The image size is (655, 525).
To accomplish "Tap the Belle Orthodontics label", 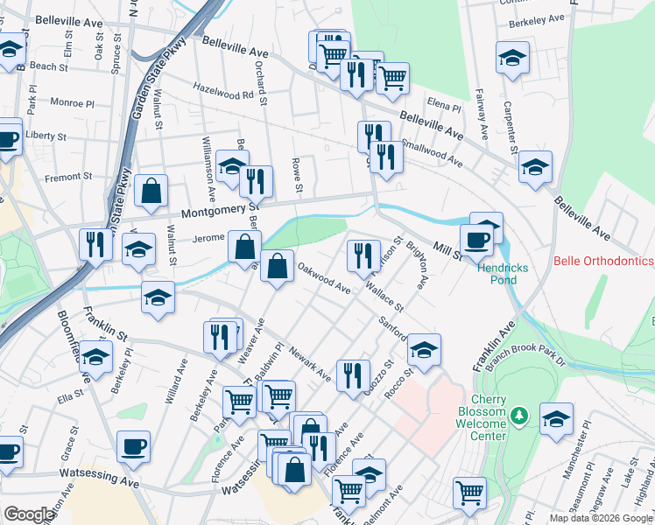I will tap(604, 261).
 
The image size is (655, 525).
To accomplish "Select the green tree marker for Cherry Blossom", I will tap(519, 414).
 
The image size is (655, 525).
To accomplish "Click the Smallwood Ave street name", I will tap(431, 154).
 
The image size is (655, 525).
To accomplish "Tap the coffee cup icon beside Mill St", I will tap(477, 240).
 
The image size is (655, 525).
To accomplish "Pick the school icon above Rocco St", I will tap(424, 350).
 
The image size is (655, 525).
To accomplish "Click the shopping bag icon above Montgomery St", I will tap(151, 191).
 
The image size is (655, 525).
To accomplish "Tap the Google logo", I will tap(29, 514).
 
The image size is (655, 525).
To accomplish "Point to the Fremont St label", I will tap(62, 178).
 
